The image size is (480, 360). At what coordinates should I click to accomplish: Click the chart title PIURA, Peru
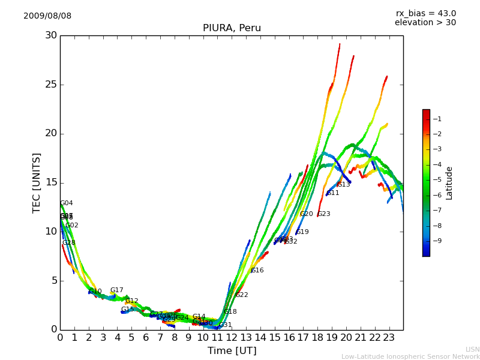coord(232,28)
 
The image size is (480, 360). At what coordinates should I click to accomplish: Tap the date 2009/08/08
coord(47,16)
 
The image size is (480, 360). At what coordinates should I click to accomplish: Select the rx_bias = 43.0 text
coord(425,14)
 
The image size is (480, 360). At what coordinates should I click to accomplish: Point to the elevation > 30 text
coord(425,23)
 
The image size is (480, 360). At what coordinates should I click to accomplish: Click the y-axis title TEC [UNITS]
coord(37,182)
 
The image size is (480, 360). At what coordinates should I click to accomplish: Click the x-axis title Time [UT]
coord(232,351)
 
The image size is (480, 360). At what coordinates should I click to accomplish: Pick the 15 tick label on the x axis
coord(274,338)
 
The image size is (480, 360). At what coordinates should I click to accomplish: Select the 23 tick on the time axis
coord(389,338)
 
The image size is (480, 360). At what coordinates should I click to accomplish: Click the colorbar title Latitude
coord(449,183)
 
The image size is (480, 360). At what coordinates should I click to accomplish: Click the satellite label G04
coord(66,203)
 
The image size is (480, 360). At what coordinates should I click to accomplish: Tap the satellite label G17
coord(116,290)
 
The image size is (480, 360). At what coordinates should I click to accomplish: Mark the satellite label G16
coord(257,271)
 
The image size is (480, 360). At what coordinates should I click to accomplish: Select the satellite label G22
coord(242,295)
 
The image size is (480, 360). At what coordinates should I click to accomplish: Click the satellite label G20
coord(307,214)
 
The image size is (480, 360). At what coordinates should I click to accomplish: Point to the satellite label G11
coord(333,193)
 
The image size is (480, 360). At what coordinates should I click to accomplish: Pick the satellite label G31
coord(225,325)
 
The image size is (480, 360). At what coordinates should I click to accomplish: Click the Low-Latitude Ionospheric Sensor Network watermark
coord(410,357)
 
